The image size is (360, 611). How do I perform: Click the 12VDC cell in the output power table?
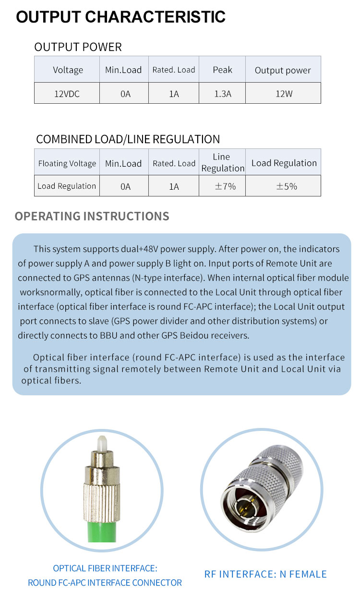pyautogui.click(x=67, y=94)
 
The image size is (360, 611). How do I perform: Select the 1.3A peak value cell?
pyautogui.click(x=222, y=94)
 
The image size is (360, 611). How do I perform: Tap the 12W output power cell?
pyautogui.click(x=283, y=94)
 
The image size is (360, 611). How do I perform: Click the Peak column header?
pyautogui.click(x=222, y=70)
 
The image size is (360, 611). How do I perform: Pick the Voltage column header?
pyautogui.click(x=68, y=70)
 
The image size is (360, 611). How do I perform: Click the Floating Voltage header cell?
pyautogui.click(x=67, y=163)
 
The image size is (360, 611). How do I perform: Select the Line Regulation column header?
pyautogui.click(x=222, y=162)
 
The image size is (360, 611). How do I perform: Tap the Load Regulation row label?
pyautogui.click(x=67, y=186)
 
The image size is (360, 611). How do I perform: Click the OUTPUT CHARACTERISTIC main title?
pyautogui.click(x=120, y=17)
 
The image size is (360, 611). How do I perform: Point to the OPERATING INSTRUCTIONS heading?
pyautogui.click(x=92, y=216)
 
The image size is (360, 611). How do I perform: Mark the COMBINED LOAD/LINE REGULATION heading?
pyautogui.click(x=128, y=139)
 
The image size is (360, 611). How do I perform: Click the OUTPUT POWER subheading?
pyautogui.click(x=78, y=47)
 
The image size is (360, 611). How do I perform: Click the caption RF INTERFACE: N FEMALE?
pyautogui.click(x=265, y=574)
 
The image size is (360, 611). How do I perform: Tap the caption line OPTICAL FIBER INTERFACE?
pyautogui.click(x=105, y=568)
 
